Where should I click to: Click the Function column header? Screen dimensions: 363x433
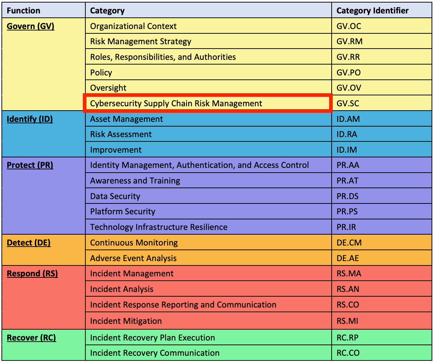tap(24, 11)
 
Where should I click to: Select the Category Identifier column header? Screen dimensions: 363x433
tap(372, 11)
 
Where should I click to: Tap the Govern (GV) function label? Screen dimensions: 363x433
tap(31, 26)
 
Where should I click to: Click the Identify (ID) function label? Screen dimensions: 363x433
tap(30, 119)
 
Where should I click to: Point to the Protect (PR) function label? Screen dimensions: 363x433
tap(30, 165)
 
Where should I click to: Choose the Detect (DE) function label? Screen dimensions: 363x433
tap(29, 243)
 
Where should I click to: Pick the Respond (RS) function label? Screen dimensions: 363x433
tap(32, 273)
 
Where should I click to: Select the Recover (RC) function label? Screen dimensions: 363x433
tap(32, 338)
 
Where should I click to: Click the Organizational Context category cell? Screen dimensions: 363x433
tap(133, 26)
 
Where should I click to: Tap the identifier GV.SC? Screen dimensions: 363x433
tap(348, 103)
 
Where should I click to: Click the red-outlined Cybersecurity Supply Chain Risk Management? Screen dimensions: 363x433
tap(176, 103)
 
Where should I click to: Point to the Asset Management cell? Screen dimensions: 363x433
tap(126, 119)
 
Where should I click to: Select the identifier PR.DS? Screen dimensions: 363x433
tap(347, 196)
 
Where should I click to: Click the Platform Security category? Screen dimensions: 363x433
tap(122, 211)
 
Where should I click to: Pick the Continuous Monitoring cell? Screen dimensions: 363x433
tap(134, 243)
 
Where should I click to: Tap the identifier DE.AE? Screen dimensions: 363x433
tap(347, 258)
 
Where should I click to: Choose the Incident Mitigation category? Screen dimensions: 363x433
tap(126, 321)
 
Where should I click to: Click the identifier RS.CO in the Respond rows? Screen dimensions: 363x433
tap(348, 305)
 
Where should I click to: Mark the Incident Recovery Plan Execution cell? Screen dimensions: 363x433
tap(153, 338)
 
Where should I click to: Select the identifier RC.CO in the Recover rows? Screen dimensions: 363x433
tap(348, 353)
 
